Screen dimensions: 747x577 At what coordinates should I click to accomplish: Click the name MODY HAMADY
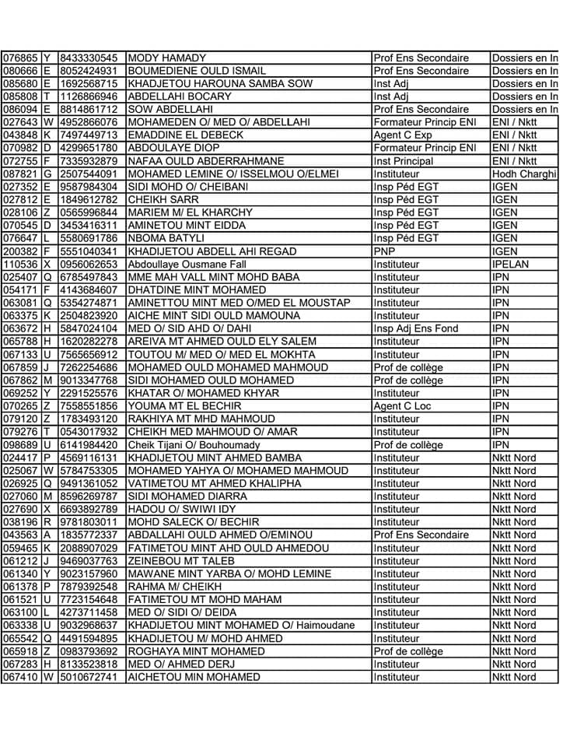point(166,58)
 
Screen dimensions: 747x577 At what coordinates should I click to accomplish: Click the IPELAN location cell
point(510,265)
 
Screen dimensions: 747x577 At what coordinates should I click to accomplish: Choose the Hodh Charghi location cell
point(524,174)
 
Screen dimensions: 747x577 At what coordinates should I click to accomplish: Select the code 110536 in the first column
point(20,265)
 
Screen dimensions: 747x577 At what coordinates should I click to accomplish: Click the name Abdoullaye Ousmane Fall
point(191,265)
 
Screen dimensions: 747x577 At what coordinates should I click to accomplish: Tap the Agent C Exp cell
point(403,135)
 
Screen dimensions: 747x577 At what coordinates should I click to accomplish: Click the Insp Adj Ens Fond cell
point(416,329)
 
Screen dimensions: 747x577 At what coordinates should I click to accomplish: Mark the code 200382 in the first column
point(20,251)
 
